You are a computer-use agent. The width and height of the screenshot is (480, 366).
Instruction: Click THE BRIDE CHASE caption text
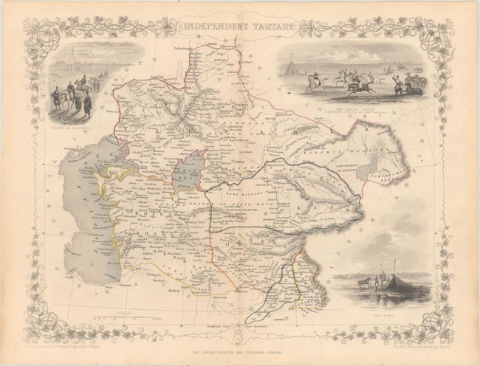coord(352,108)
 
